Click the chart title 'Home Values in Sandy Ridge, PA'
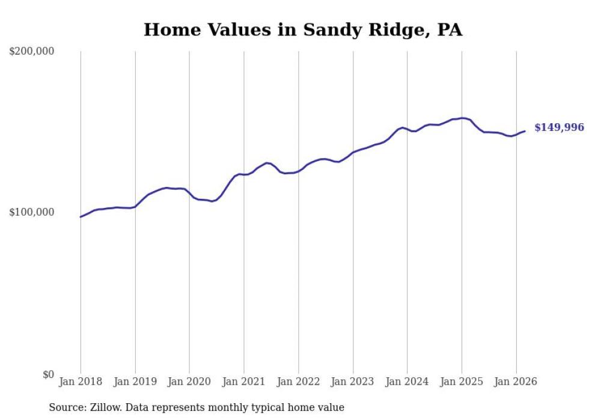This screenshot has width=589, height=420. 303,30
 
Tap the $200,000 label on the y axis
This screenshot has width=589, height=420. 32,52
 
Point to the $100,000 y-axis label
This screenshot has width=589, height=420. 32,213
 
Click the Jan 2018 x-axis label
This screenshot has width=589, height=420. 81,382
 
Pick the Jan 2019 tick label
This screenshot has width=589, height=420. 135,382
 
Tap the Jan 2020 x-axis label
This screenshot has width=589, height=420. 189,382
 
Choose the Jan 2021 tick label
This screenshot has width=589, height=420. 244,382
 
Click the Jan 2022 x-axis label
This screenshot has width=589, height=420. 298,382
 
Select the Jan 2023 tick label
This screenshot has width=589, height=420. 353,382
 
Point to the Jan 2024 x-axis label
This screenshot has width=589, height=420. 407,382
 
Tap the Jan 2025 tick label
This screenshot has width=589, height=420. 462,382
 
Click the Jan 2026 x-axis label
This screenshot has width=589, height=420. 516,382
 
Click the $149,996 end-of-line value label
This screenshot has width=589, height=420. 559,128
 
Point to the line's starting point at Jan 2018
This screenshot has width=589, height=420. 81,217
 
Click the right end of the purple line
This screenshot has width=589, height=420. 525,131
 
